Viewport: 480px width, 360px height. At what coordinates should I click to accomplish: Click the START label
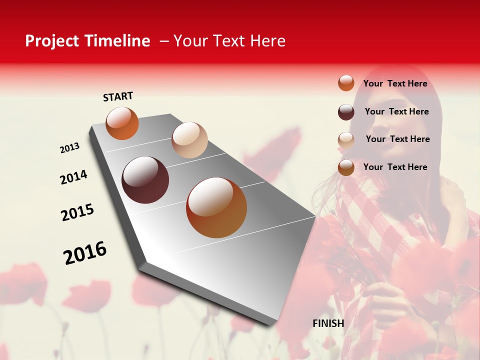[118, 96]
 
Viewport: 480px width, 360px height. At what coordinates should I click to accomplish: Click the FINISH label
[328, 323]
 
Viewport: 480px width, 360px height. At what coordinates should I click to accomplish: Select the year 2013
[69, 148]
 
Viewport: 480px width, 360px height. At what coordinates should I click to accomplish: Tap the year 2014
[73, 177]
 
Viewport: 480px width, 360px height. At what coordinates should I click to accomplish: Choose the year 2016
[85, 253]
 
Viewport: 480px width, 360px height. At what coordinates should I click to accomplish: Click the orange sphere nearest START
[122, 123]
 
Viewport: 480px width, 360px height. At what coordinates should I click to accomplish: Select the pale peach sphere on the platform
[189, 140]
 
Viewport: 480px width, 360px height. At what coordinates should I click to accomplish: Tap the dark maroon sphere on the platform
[145, 180]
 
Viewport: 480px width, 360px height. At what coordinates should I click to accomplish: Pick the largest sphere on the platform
[216, 207]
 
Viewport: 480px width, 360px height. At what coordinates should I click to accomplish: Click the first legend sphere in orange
[346, 83]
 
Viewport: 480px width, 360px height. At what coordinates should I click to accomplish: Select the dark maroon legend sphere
[346, 112]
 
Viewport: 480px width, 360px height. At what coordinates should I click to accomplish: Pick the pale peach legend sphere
[346, 140]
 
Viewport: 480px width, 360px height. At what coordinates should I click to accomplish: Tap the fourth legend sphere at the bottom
[346, 168]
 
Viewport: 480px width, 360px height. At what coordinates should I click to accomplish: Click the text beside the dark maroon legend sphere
[396, 111]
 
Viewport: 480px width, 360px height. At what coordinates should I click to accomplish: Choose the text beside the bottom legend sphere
[395, 167]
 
